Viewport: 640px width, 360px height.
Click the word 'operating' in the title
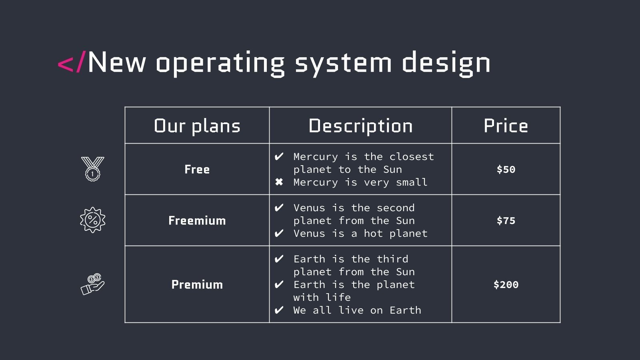point(220,63)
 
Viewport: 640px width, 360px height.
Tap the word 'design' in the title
point(446,63)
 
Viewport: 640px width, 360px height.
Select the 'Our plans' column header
point(197,126)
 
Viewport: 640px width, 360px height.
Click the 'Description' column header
point(360,126)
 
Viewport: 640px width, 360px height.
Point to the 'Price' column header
point(506,126)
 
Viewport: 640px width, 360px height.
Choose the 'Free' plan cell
point(197,169)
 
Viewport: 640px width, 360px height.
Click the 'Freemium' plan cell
point(197,220)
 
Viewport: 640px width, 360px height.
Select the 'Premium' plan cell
point(197,284)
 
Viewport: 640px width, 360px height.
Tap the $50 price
point(506,169)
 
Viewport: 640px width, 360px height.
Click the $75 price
point(506,220)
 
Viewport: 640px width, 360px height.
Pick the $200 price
point(506,284)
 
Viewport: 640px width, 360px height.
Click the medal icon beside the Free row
point(92,169)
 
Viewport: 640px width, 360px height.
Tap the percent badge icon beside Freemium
point(92,220)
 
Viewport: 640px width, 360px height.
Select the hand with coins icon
point(92,284)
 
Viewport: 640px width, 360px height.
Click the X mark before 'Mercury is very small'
point(279,182)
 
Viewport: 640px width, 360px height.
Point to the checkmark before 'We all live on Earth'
point(279,310)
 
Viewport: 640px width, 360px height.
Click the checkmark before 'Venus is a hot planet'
point(279,233)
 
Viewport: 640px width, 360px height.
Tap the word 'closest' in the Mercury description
point(412,157)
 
